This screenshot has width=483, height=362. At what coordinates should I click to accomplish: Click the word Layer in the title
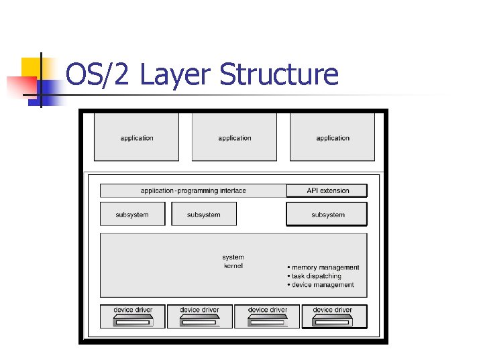[176, 75]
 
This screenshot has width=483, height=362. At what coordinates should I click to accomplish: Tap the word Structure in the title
[279, 75]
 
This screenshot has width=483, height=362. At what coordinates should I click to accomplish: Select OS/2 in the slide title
[99, 75]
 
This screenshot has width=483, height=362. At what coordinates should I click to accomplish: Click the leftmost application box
[137, 137]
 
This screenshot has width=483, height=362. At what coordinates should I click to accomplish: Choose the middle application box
[234, 137]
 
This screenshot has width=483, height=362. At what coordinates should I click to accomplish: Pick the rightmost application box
[333, 137]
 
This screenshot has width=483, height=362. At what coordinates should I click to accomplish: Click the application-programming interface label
[193, 190]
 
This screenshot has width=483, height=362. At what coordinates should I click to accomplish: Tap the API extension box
[327, 190]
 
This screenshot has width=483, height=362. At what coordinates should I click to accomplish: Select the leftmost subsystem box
[132, 215]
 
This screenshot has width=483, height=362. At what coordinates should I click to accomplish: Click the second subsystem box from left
[204, 215]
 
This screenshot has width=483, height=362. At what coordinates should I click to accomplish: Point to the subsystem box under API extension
[327, 215]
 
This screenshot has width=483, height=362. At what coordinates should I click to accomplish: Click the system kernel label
[233, 261]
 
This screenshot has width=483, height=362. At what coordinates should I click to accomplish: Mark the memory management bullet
[325, 267]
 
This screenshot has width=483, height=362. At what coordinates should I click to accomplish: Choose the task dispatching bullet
[315, 276]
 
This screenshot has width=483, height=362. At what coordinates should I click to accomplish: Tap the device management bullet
[322, 285]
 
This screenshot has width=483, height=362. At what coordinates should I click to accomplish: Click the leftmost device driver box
[133, 316]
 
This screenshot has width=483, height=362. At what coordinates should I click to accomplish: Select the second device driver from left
[199, 316]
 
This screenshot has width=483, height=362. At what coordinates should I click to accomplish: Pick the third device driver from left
[267, 316]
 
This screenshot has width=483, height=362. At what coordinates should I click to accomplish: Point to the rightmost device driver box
[333, 316]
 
